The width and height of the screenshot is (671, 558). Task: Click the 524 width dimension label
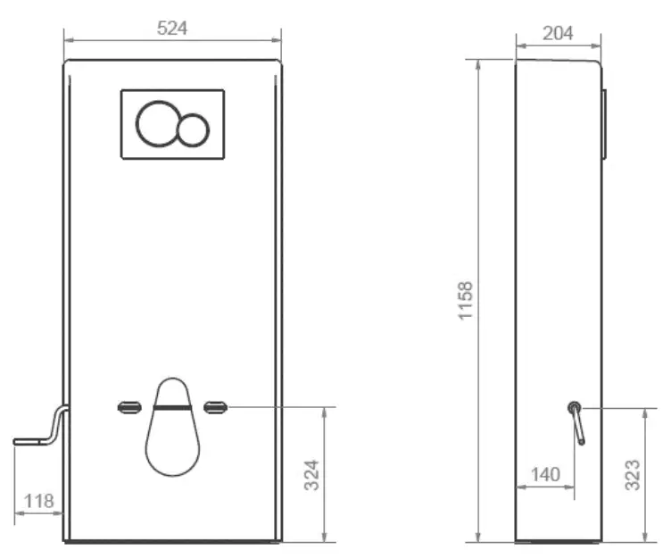pyautogui.click(x=172, y=28)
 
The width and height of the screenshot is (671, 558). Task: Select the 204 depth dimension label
pyautogui.click(x=558, y=33)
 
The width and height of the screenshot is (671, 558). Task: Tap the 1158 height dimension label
pyautogui.click(x=466, y=301)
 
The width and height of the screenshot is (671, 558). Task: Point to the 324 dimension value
pyautogui.click(x=311, y=474)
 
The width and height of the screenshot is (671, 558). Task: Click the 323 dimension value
pyautogui.click(x=631, y=479)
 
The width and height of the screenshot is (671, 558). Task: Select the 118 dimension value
pyautogui.click(x=38, y=501)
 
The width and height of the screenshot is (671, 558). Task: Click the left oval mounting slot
pyautogui.click(x=129, y=408)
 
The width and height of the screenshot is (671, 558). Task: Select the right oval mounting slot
pyautogui.click(x=215, y=408)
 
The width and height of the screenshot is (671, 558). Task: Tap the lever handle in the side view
pyautogui.click(x=577, y=421)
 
